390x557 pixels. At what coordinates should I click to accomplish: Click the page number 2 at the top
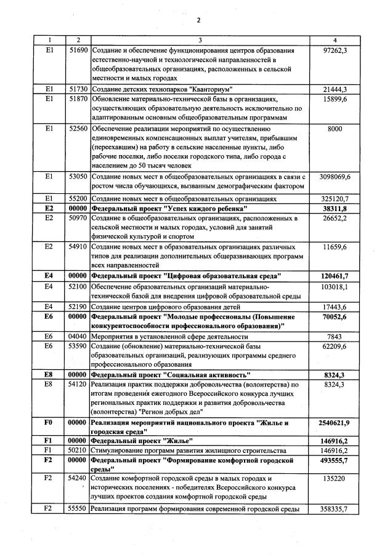coord(199,20)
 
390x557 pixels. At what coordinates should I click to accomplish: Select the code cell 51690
coord(78,50)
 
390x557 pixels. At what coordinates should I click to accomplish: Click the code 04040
coord(78,337)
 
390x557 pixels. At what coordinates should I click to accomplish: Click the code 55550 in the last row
coord(78,509)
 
